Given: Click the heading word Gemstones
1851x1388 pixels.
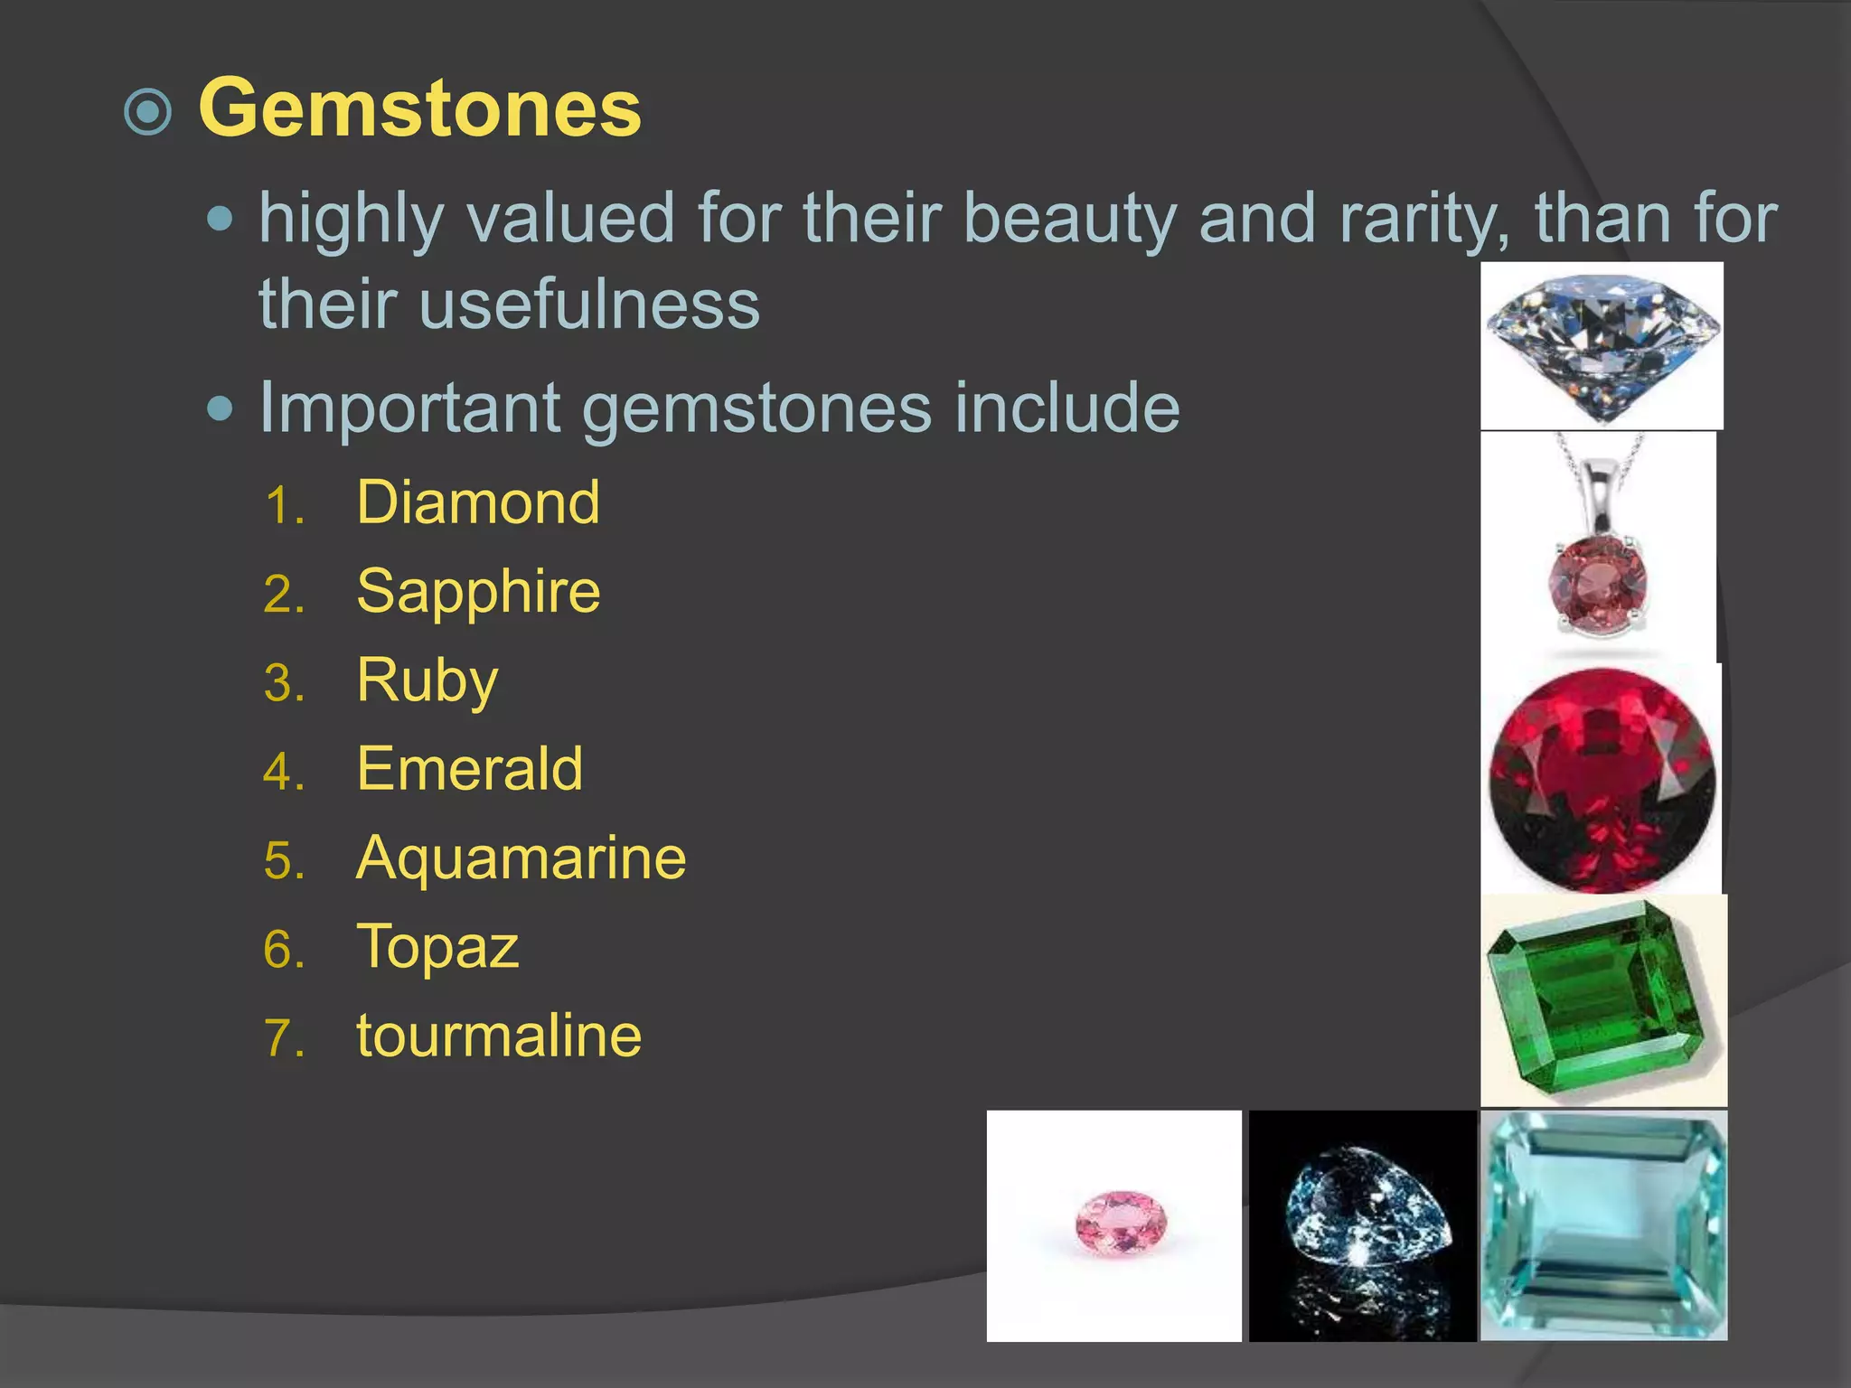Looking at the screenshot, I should pyautogui.click(x=419, y=108).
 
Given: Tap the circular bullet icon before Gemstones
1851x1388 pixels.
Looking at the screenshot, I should pyautogui.click(x=147, y=112).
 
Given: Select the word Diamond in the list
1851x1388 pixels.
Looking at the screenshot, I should pyautogui.click(x=477, y=502).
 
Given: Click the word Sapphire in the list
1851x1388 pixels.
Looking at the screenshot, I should pyautogui.click(x=478, y=591).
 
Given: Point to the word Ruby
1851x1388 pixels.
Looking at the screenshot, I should pyautogui.click(x=427, y=680).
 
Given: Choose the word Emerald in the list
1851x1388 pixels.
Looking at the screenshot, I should pyautogui.click(x=469, y=769).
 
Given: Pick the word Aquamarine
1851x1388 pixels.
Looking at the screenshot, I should pyautogui.click(x=521, y=858).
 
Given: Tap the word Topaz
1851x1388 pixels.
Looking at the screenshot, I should pyautogui.click(x=437, y=946).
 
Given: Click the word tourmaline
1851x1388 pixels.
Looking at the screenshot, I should pyautogui.click(x=499, y=1036).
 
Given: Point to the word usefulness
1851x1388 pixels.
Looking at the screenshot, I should pyautogui.click(x=588, y=304).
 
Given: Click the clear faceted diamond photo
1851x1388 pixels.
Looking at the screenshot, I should pyautogui.click(x=1602, y=346).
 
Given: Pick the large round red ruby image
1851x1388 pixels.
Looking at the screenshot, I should pyautogui.click(x=1602, y=779).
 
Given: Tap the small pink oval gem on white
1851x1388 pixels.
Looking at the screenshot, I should pyautogui.click(x=1121, y=1224).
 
